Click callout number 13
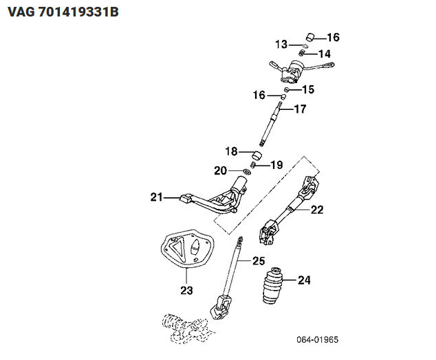281,45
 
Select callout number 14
324,54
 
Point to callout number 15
307,89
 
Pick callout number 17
300,109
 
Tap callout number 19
276,165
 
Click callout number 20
220,170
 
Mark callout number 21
157,198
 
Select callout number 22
316,210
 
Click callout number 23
187,290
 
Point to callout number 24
303,280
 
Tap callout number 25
258,261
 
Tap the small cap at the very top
310,36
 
